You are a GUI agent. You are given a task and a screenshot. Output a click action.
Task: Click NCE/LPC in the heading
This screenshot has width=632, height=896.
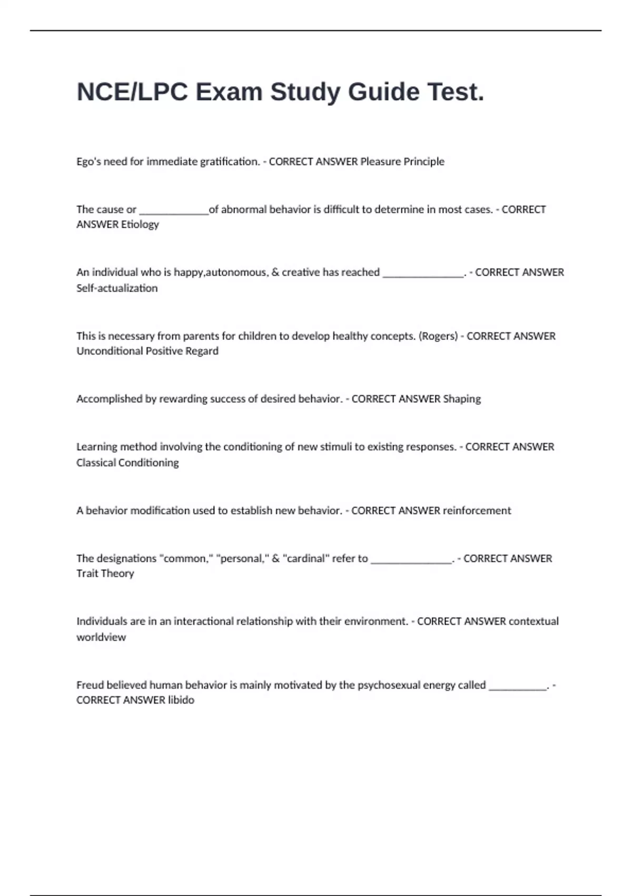132,92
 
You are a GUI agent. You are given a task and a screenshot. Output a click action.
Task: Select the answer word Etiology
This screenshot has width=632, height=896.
140,225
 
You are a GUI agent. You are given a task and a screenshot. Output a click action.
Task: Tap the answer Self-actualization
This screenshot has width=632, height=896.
117,288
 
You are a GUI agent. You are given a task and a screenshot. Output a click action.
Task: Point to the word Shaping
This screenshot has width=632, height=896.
462,399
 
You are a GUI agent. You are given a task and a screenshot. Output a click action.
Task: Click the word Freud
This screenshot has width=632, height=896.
90,685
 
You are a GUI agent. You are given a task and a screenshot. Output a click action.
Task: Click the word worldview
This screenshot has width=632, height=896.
101,637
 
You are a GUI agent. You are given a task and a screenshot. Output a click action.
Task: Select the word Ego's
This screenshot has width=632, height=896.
88,162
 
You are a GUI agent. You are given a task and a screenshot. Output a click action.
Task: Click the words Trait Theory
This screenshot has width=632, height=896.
105,573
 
